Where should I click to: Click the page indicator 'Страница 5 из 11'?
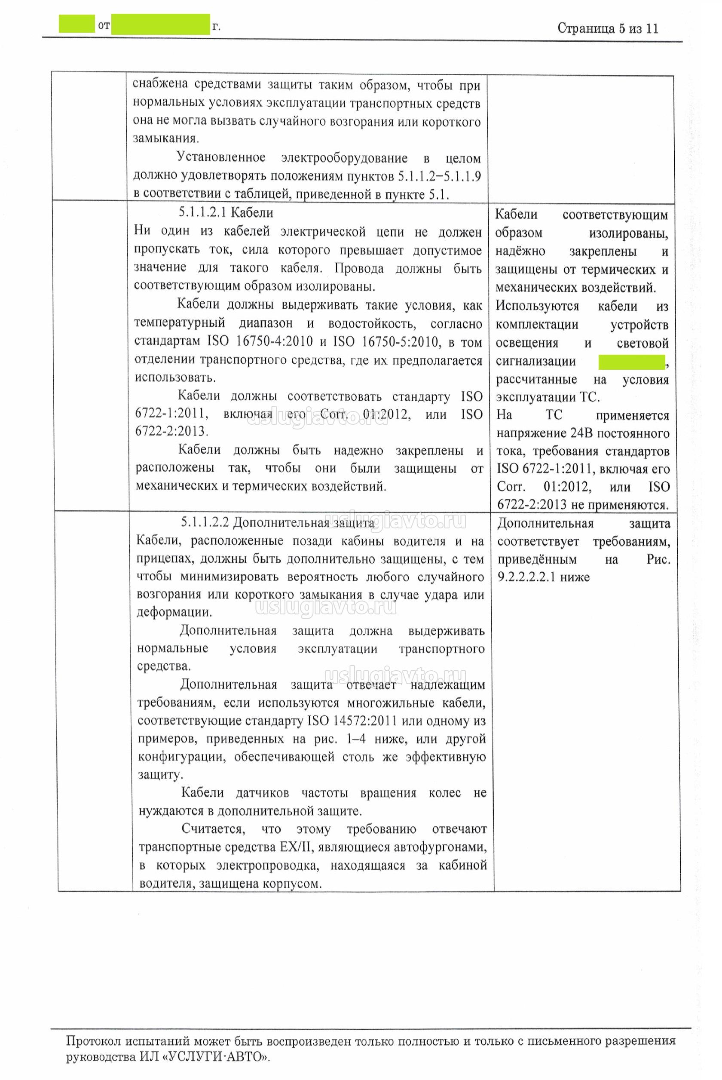607,28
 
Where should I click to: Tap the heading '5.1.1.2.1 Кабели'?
226,213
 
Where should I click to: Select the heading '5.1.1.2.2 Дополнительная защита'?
277,522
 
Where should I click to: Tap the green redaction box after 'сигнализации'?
632,362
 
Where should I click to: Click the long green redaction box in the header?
161,25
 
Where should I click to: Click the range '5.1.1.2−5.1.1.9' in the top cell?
439,176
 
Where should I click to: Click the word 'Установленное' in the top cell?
221,158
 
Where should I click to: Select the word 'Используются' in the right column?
537,306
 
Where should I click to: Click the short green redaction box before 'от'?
76,25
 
